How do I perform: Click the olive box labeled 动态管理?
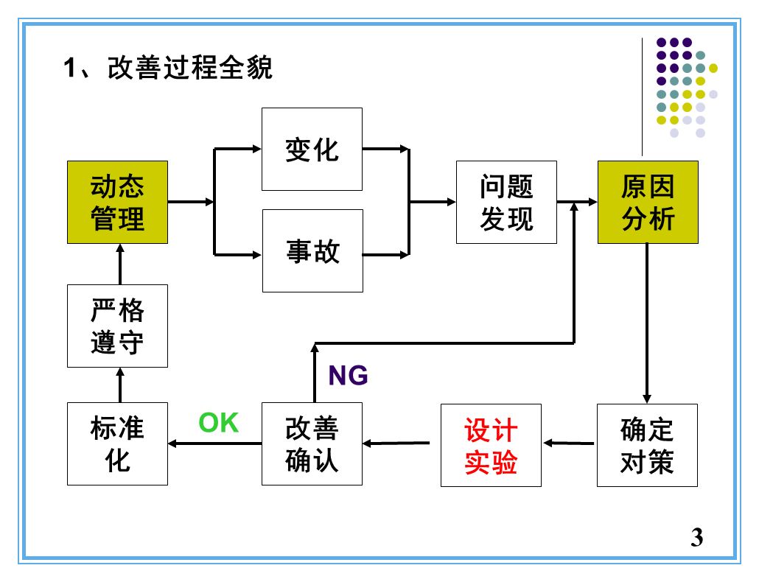pyautogui.click(x=117, y=202)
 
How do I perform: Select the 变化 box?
pyautogui.click(x=312, y=149)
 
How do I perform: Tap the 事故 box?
pyautogui.click(x=312, y=250)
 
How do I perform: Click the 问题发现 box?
pyautogui.click(x=506, y=202)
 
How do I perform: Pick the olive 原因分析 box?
pyautogui.click(x=647, y=202)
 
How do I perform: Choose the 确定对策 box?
pyautogui.click(x=646, y=445)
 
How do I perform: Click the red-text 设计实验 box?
pyautogui.click(x=491, y=445)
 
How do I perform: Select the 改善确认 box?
pyautogui.click(x=312, y=445)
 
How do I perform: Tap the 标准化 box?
pyautogui.click(x=117, y=445)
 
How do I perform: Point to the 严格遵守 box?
pyautogui.click(x=117, y=326)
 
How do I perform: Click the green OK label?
pyautogui.click(x=219, y=423)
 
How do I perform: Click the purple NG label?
pyautogui.click(x=348, y=376)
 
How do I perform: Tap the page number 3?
pyautogui.click(x=697, y=537)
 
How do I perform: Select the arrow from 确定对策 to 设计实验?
pyautogui.click(x=569, y=443)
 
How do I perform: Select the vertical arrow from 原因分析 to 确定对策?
pyautogui.click(x=646, y=324)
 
